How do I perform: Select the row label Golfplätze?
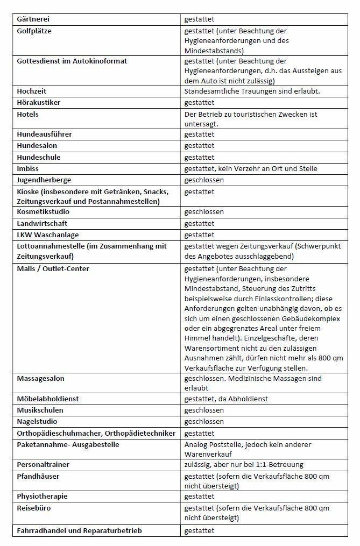pos(34,31)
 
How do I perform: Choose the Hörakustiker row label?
pos(40,102)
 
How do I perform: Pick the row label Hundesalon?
pos(37,146)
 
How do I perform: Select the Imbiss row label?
pos(28,169)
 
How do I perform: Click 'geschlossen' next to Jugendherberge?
pos(204,180)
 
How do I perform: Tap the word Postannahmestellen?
pos(127,201)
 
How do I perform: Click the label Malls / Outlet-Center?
pos(53,269)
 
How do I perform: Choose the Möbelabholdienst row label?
pos(48,399)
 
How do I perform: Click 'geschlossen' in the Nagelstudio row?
pos(204,422)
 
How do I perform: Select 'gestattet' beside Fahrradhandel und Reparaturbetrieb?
pos(200,531)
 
